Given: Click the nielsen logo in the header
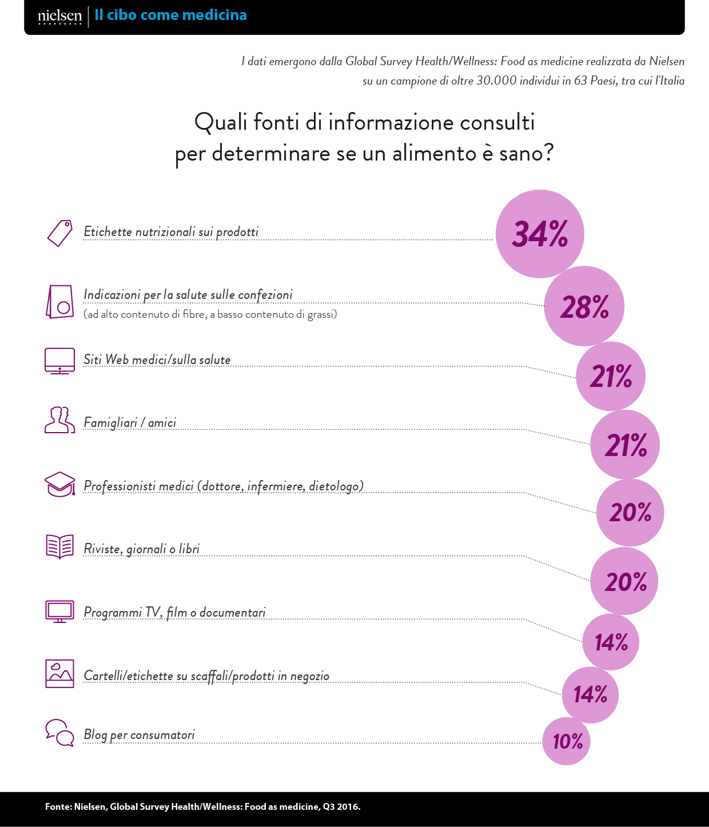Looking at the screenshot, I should click(x=59, y=17).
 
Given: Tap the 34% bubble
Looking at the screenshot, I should click(x=540, y=234).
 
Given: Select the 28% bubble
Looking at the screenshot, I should click(x=584, y=306).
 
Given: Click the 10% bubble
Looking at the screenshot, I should click(x=566, y=741).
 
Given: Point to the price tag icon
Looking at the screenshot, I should click(x=59, y=233).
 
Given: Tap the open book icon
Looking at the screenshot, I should click(x=59, y=546).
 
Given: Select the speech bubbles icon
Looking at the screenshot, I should click(x=59, y=733).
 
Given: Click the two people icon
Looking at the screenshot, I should click(x=59, y=420).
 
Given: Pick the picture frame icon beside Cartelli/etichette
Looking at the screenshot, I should click(x=59, y=673).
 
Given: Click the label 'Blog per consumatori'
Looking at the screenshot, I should click(x=139, y=734).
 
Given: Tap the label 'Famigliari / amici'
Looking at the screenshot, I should click(x=130, y=422).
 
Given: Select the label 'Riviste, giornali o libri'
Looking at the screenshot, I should click(x=141, y=549).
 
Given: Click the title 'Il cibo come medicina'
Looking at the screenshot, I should click(x=170, y=15).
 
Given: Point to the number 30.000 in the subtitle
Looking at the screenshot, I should click(x=496, y=81).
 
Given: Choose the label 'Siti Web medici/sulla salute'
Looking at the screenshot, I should click(x=157, y=359).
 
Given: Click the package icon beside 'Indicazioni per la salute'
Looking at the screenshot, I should click(x=59, y=302).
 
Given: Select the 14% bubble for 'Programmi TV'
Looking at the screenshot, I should click(x=611, y=642).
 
